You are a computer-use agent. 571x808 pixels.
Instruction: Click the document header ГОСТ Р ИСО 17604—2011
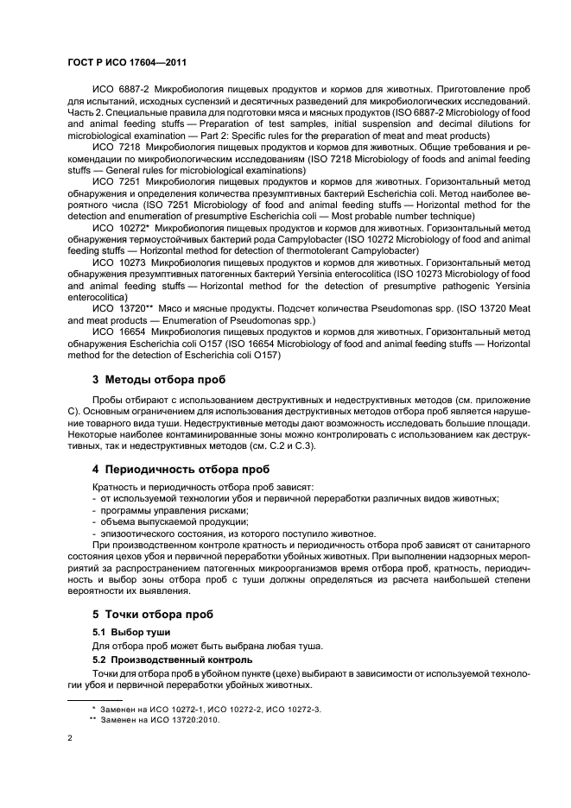pyautogui.click(x=125, y=63)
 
